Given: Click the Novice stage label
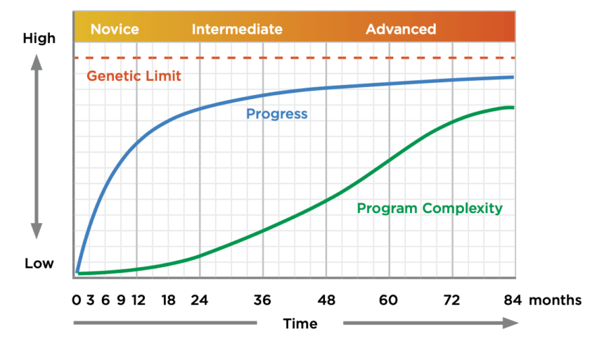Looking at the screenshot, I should [115, 30].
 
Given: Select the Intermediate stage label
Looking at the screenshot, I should [237, 30].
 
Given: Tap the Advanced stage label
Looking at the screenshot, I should [401, 30].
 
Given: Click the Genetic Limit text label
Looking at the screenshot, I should [134, 76].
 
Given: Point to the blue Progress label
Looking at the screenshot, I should [276, 113].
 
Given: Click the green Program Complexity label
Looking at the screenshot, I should [430, 208].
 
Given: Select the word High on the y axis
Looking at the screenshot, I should [39, 39].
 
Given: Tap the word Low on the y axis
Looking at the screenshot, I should [39, 264].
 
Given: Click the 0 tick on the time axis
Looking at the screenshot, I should [76, 300].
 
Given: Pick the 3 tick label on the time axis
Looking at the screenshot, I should [91, 300].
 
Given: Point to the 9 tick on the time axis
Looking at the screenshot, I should [121, 300].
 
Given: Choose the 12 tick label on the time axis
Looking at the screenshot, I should [138, 300].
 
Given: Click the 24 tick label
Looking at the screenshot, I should [200, 300].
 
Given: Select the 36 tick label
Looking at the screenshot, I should [262, 300].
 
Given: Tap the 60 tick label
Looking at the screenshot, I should [388, 300].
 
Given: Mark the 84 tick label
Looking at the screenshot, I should [513, 300].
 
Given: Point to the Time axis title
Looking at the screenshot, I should [300, 323].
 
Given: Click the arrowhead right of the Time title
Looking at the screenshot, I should [511, 323].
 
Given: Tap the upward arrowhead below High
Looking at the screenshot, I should [37, 62].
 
